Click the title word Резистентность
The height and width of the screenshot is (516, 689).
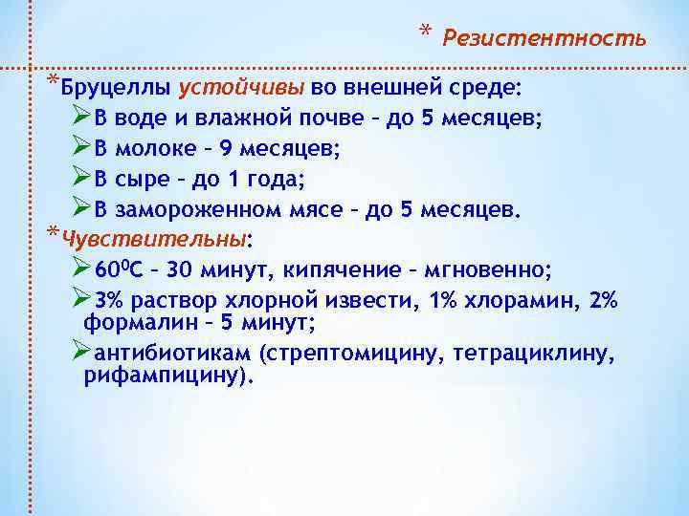click(x=544, y=39)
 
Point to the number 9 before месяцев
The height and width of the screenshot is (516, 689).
click(x=226, y=149)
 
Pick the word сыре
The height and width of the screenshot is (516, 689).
click(x=142, y=179)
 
